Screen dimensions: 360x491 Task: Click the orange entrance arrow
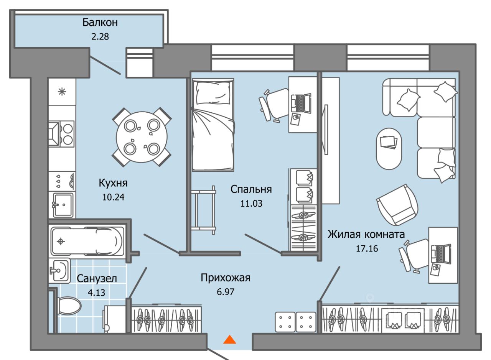pyautogui.click(x=229, y=340)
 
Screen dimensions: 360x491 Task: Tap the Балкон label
pyautogui.click(x=100, y=22)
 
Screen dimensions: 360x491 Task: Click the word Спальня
pyautogui.click(x=251, y=189)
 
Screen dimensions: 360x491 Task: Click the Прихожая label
pyautogui.click(x=226, y=278)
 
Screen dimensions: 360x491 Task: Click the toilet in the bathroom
pyautogui.click(x=69, y=306)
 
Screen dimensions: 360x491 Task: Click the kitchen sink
pyautogui.click(x=63, y=204)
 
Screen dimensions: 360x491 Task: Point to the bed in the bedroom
pyautogui.click(x=213, y=125)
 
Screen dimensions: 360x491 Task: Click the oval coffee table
pyautogui.click(x=389, y=148)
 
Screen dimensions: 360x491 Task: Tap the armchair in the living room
pyautogui.click(x=398, y=205)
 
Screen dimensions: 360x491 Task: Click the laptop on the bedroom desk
pyautogui.click(x=301, y=103)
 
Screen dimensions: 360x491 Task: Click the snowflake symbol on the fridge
pyautogui.click(x=61, y=92)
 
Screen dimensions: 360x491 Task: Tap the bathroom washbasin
pyautogui.click(x=59, y=271)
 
